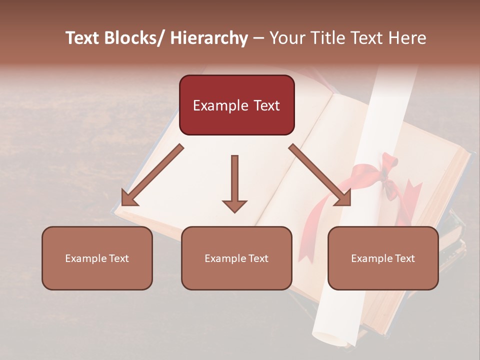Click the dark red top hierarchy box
pyautogui.click(x=236, y=105)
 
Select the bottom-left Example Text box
pyautogui.click(x=97, y=258)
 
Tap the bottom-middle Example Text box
pyautogui.click(x=236, y=258)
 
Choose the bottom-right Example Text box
pyautogui.click(x=383, y=258)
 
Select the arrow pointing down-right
pyautogui.click(x=320, y=175)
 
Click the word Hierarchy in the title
pyautogui.click(x=208, y=38)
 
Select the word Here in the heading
pyautogui.click(x=408, y=38)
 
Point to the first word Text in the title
pyautogui.click(x=83, y=38)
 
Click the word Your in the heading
pyautogui.click(x=285, y=38)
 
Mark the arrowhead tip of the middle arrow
pyautogui.click(x=234, y=211)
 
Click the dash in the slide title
pyautogui.click(x=258, y=38)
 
